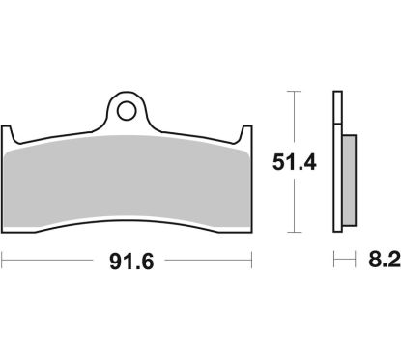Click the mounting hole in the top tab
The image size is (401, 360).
pyautogui.click(x=126, y=110)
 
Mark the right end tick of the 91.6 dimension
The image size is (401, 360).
pyautogui.click(x=252, y=260)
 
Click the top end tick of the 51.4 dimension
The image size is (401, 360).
pyautogui.click(x=293, y=93)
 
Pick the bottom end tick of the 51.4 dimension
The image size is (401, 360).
pyautogui.click(x=293, y=233)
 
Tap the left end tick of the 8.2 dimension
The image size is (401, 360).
pyautogui.click(x=333, y=260)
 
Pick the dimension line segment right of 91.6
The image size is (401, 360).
pyautogui.click(x=203, y=260)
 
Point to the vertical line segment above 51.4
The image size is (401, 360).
pyautogui.click(x=293, y=121)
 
